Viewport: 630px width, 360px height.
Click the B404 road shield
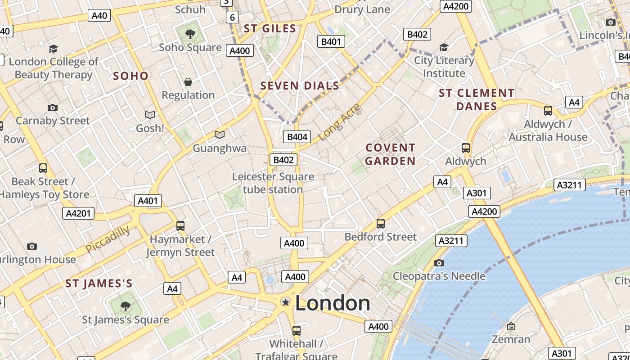297,137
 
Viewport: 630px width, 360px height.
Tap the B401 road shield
331,42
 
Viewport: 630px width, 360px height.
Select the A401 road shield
148,201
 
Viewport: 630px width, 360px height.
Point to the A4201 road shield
78,213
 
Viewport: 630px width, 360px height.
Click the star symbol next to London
285,302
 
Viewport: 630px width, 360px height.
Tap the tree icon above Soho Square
190,34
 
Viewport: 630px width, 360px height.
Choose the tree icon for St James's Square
126,306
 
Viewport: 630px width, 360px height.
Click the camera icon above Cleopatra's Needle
439,263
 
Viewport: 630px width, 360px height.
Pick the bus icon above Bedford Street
381,223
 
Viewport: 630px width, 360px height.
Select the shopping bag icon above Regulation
188,82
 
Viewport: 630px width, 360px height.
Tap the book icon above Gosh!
150,115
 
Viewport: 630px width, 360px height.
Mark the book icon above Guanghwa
220,135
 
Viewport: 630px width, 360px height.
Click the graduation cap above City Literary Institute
444,47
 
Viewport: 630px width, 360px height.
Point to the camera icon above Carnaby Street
53,108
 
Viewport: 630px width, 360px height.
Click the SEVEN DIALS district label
300,86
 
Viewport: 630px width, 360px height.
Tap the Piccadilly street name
108,239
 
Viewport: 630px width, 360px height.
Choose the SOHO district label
130,76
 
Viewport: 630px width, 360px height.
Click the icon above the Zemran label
511,326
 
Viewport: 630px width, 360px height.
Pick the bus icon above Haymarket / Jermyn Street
180,226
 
